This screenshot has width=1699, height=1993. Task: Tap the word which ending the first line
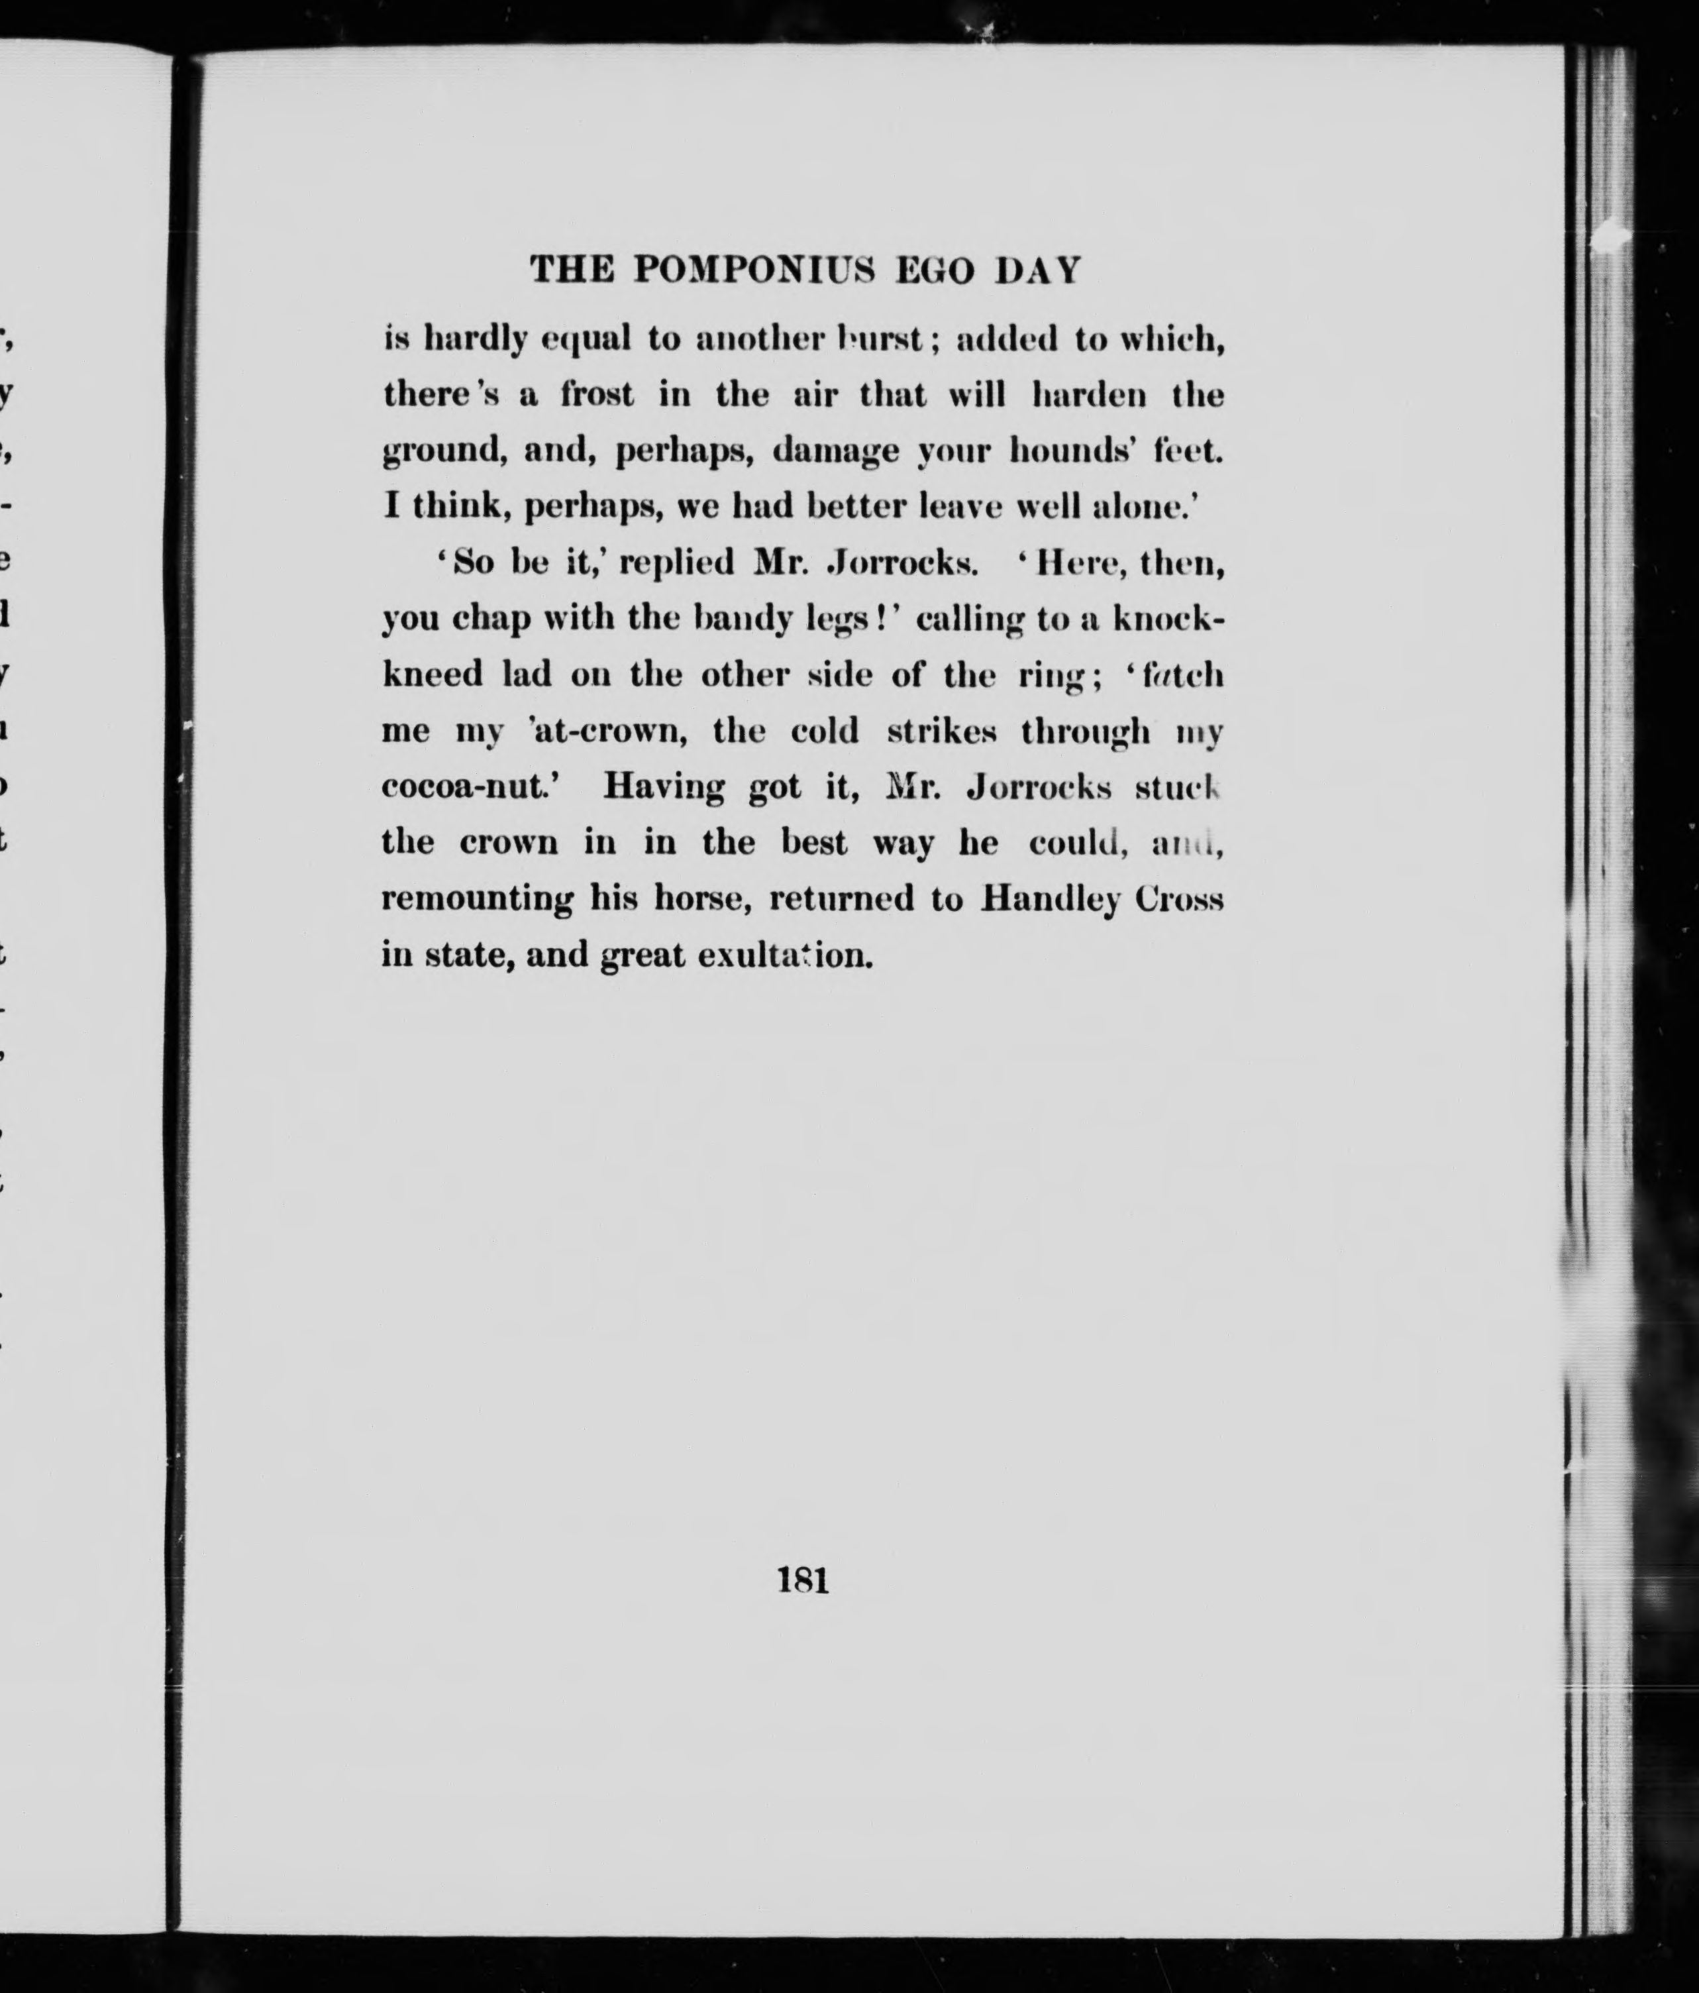click(x=1173, y=339)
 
